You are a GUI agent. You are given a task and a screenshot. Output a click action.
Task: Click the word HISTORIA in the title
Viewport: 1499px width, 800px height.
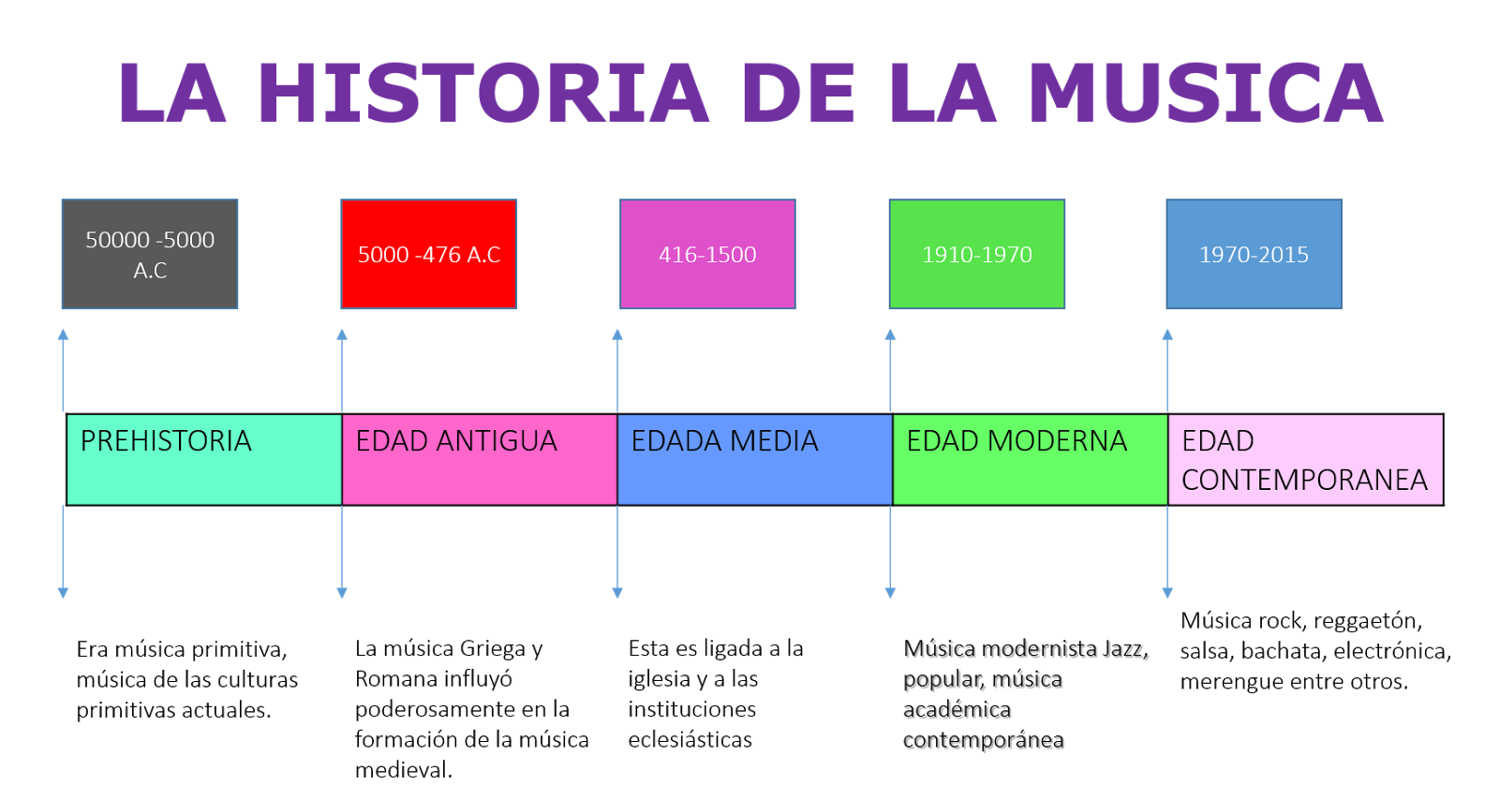click(x=482, y=93)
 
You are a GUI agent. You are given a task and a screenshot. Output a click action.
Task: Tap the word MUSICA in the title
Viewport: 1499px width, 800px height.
click(x=1205, y=93)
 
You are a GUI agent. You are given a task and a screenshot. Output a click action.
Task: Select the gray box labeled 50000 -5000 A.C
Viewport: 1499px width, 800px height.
click(x=150, y=254)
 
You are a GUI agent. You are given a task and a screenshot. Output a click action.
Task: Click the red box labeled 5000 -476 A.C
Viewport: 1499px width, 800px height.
click(x=428, y=254)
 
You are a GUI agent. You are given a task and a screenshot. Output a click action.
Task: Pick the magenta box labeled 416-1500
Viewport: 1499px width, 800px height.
click(x=707, y=254)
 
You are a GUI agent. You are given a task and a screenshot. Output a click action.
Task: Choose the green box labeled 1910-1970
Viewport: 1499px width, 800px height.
click(x=976, y=254)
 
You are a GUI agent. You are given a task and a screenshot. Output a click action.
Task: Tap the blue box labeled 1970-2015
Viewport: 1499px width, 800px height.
click(x=1254, y=254)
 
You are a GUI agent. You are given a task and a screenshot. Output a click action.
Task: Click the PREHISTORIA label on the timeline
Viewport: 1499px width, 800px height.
click(x=166, y=441)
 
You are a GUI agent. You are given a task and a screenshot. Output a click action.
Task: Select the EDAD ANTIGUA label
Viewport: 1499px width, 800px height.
click(x=456, y=441)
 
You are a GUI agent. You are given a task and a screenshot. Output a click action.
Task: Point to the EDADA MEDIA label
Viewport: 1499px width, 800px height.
click(x=724, y=441)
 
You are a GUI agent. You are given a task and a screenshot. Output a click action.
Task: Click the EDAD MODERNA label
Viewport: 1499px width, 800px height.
click(x=1017, y=441)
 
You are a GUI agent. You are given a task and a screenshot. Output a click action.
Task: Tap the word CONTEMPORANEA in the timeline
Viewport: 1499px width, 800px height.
click(x=1304, y=481)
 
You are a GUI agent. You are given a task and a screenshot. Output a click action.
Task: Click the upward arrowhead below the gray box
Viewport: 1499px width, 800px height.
click(x=63, y=334)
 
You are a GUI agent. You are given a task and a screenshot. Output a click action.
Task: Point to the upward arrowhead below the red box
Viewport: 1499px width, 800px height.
click(x=342, y=334)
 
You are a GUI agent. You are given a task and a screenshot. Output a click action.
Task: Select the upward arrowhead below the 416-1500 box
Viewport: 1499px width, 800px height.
click(x=617, y=334)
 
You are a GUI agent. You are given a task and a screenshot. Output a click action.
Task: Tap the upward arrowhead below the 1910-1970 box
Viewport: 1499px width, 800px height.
click(x=890, y=334)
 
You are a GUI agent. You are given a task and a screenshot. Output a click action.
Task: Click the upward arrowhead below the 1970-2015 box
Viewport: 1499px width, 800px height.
click(x=1167, y=334)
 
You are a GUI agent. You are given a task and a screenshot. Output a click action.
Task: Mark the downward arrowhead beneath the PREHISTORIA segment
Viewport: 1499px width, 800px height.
click(x=63, y=592)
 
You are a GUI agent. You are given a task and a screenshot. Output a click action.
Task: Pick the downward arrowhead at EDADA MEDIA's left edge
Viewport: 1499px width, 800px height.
click(x=617, y=592)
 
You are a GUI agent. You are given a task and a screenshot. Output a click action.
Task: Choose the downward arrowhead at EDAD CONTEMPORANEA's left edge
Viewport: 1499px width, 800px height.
click(x=1167, y=592)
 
